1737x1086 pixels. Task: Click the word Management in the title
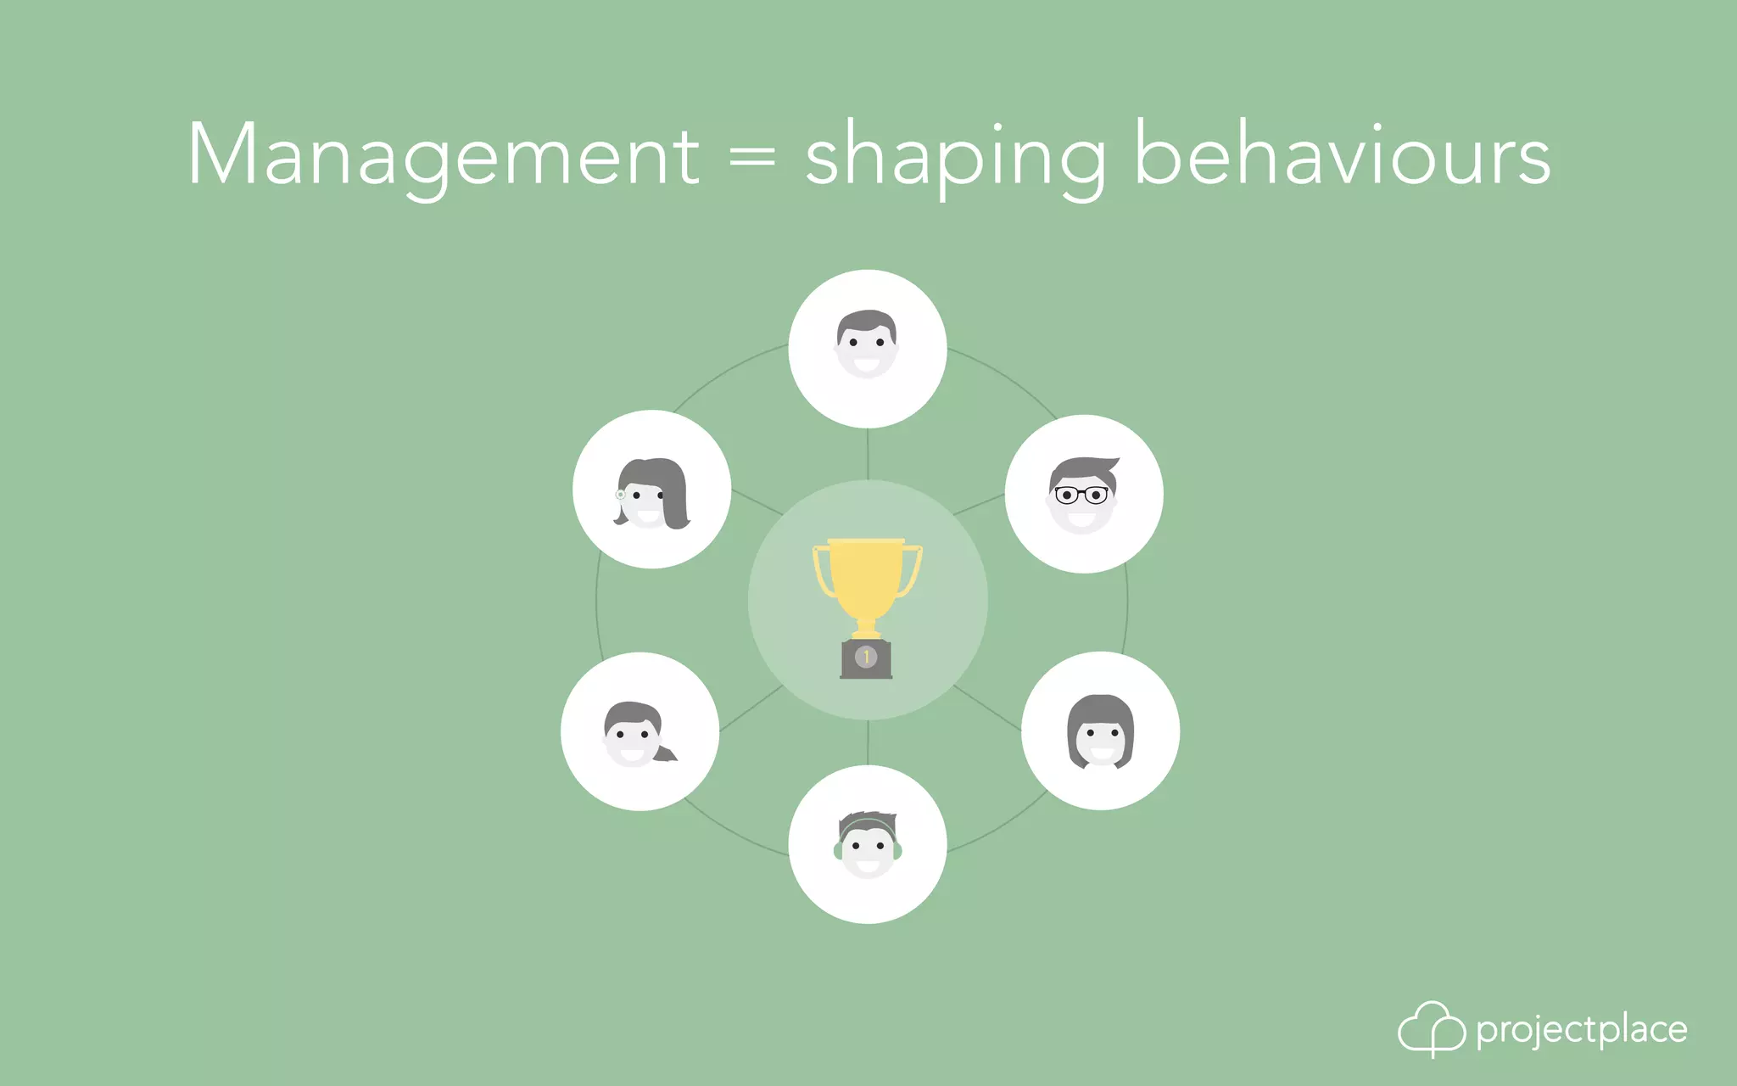tap(443, 155)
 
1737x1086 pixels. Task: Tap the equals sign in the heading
tap(752, 156)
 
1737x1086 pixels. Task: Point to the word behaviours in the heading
tap(1343, 155)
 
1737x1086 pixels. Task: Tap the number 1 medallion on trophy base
tap(866, 657)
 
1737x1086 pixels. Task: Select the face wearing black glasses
tap(1083, 495)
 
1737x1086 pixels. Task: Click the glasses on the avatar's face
tap(1081, 494)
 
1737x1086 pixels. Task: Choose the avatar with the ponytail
tap(638, 735)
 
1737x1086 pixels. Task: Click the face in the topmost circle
tap(867, 344)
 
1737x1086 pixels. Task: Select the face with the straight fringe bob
tap(1100, 731)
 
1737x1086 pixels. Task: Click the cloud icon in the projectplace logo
tap(1431, 1028)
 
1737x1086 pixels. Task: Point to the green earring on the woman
tap(621, 494)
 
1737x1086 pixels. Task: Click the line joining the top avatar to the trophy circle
tap(868, 454)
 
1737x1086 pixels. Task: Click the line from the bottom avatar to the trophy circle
tap(868, 742)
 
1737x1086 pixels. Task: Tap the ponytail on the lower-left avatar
tap(667, 753)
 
